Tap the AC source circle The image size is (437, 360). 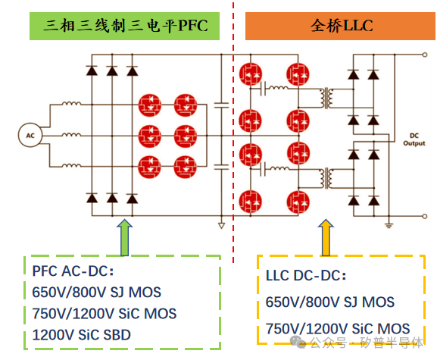click(x=30, y=134)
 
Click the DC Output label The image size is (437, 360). click(x=414, y=139)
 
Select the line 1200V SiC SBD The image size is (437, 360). click(x=86, y=333)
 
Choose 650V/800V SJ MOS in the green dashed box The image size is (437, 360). click(x=96, y=292)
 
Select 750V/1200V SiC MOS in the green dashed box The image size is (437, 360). click(x=101, y=313)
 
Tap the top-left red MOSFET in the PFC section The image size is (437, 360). click(x=149, y=104)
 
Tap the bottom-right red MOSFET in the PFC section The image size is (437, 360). click(x=184, y=165)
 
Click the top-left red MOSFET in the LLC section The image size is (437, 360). click(x=250, y=74)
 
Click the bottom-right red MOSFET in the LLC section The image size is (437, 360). click(x=297, y=202)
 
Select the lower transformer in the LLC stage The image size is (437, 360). click(x=328, y=179)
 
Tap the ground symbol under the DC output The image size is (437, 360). click(x=387, y=224)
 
